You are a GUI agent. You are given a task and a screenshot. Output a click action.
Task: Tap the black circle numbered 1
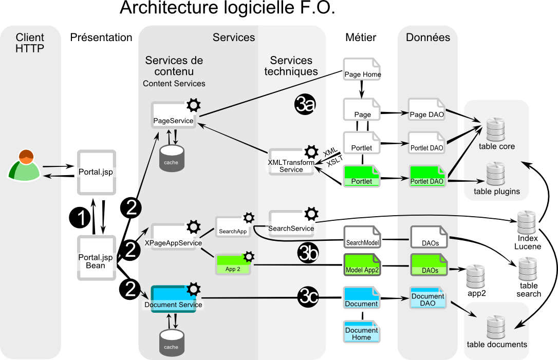[80, 218]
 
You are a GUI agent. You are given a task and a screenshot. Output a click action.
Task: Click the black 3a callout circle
[305, 104]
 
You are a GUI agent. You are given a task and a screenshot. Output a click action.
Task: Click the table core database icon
[496, 130]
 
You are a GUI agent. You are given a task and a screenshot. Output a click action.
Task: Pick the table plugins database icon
[496, 174]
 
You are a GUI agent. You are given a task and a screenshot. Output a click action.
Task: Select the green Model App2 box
[362, 265]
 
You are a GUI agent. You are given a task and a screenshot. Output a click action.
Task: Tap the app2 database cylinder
[476, 277]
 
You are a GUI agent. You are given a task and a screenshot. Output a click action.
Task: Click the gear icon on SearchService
[311, 214]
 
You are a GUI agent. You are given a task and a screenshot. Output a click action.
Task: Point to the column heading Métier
[361, 37]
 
